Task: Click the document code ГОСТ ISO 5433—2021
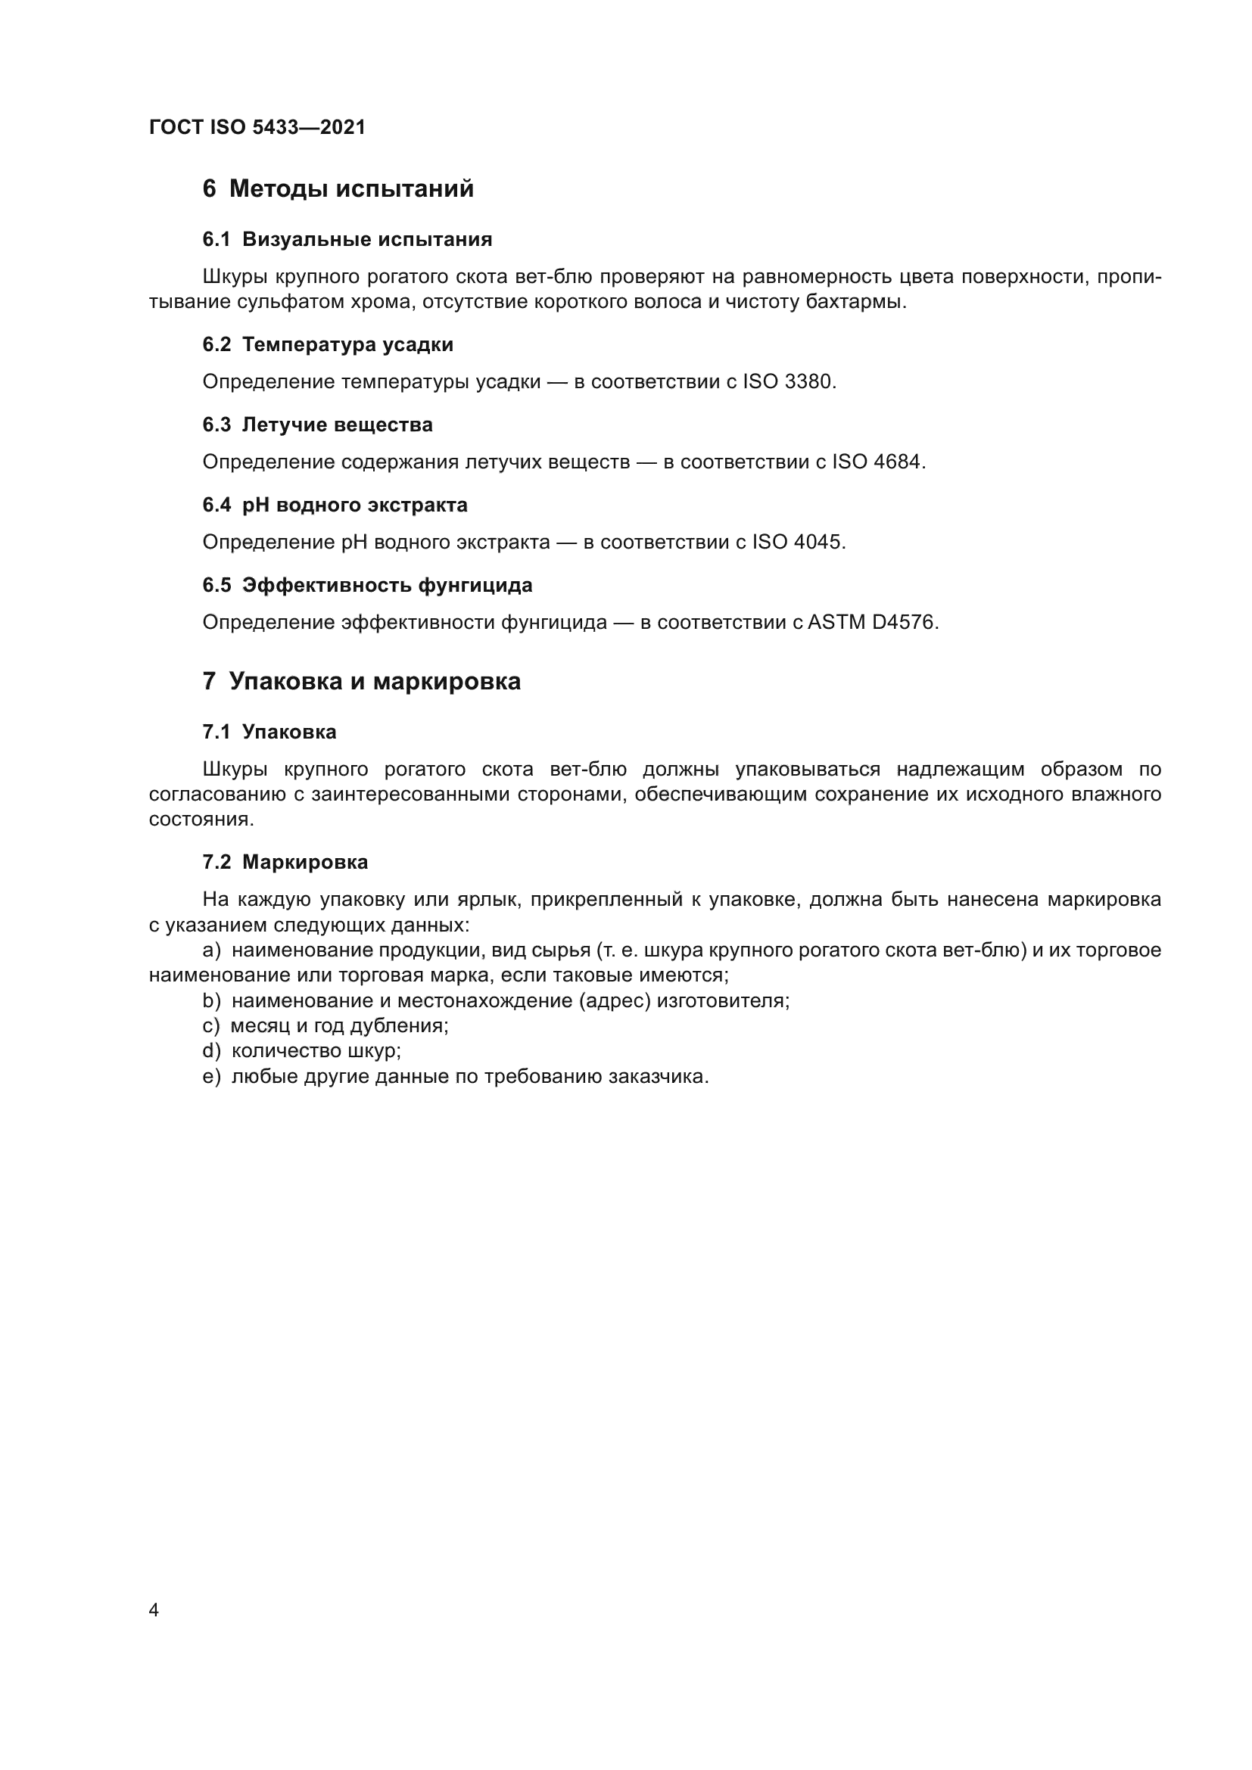[257, 127]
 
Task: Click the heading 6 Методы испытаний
[338, 189]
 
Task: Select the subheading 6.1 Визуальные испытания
[347, 240]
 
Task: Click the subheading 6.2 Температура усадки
[328, 345]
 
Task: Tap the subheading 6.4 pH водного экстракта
[335, 505]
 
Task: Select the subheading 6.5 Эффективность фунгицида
[367, 586]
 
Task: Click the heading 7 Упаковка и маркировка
[361, 683]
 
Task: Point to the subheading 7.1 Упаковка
[269, 733]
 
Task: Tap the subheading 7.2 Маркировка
[285, 863]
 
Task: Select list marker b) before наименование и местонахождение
[211, 1001]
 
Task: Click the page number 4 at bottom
[154, 1610]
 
